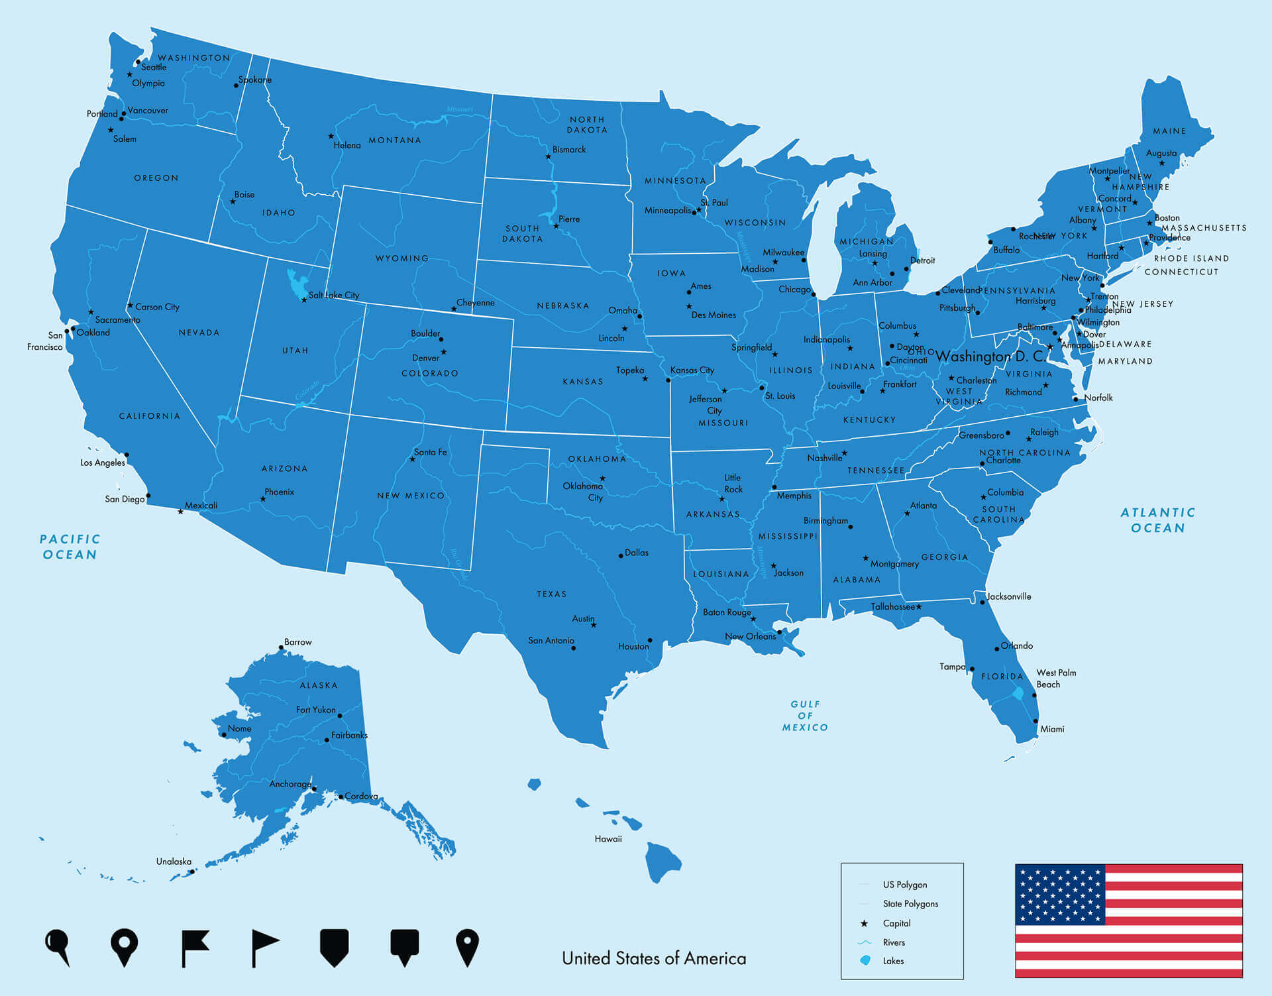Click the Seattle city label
154,67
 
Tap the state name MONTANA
394,140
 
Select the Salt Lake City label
334,296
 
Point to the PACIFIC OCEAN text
70,547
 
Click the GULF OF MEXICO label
805,716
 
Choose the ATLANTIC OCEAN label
1157,520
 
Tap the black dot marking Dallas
621,555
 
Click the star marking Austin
594,625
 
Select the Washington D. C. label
990,357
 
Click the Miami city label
1052,729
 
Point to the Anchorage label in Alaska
290,784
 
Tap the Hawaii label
608,839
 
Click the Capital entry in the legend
896,923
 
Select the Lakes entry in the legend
893,961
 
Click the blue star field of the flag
1060,895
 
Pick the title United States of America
654,958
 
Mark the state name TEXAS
552,594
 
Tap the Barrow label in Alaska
297,642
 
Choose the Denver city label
425,358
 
